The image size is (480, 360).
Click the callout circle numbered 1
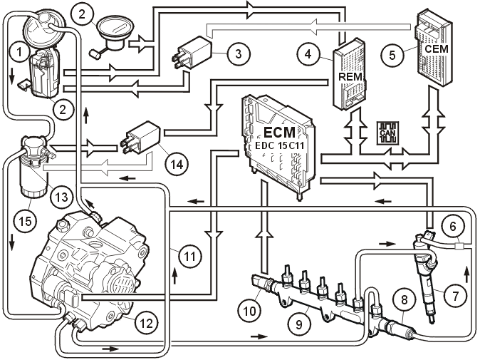tap(20, 52)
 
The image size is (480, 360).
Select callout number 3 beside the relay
tap(239, 53)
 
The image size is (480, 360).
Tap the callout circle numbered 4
tap(308, 54)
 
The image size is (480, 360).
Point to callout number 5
tap(392, 56)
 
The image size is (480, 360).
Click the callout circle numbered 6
tap(453, 227)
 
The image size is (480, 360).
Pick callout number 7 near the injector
tap(456, 296)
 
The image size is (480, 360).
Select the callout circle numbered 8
tap(404, 299)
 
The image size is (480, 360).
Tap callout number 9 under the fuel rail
tap(299, 324)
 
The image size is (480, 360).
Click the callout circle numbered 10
tap(249, 311)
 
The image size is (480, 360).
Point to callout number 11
tap(190, 256)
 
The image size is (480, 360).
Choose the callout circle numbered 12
tap(147, 322)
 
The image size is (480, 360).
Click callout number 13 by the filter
tap(61, 196)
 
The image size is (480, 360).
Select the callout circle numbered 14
tap(177, 164)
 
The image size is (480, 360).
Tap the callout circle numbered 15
tap(26, 220)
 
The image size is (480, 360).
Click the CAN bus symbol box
tap(387, 133)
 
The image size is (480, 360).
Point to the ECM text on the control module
tap(279, 133)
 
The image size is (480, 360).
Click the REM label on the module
tap(350, 76)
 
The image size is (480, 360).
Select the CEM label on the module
tap(437, 48)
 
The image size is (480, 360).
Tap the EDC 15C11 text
tap(279, 146)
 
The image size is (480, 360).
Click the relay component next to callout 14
tap(140, 137)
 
